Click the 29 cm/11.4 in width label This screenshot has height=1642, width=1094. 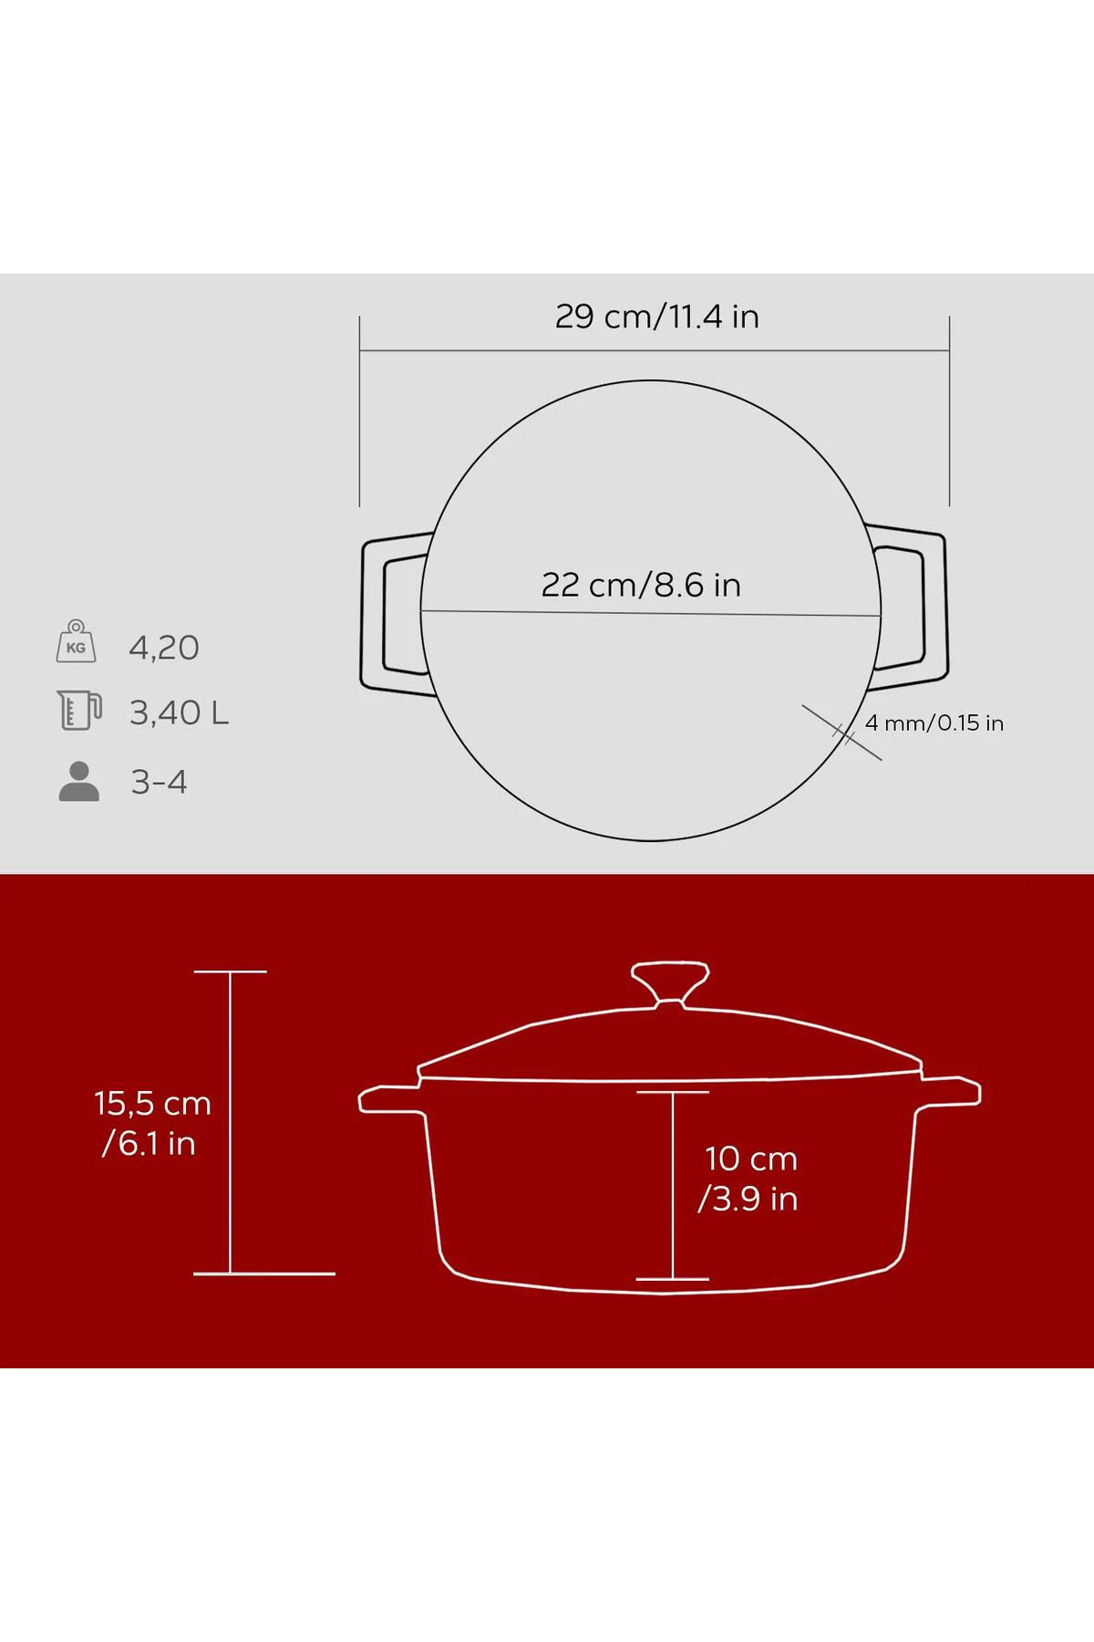coord(656,317)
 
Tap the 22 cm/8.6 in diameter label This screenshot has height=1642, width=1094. coord(641,585)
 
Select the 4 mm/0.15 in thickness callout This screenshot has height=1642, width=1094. coord(934,723)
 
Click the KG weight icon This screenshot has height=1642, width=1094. coord(76,641)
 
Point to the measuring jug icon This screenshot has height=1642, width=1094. coord(79,710)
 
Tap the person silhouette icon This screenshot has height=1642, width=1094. coord(79,782)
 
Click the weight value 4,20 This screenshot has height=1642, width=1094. coord(164,648)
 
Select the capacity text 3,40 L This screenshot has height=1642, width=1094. coord(179,712)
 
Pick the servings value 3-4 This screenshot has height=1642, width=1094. coord(159,782)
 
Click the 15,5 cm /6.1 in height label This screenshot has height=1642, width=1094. coord(151,1123)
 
